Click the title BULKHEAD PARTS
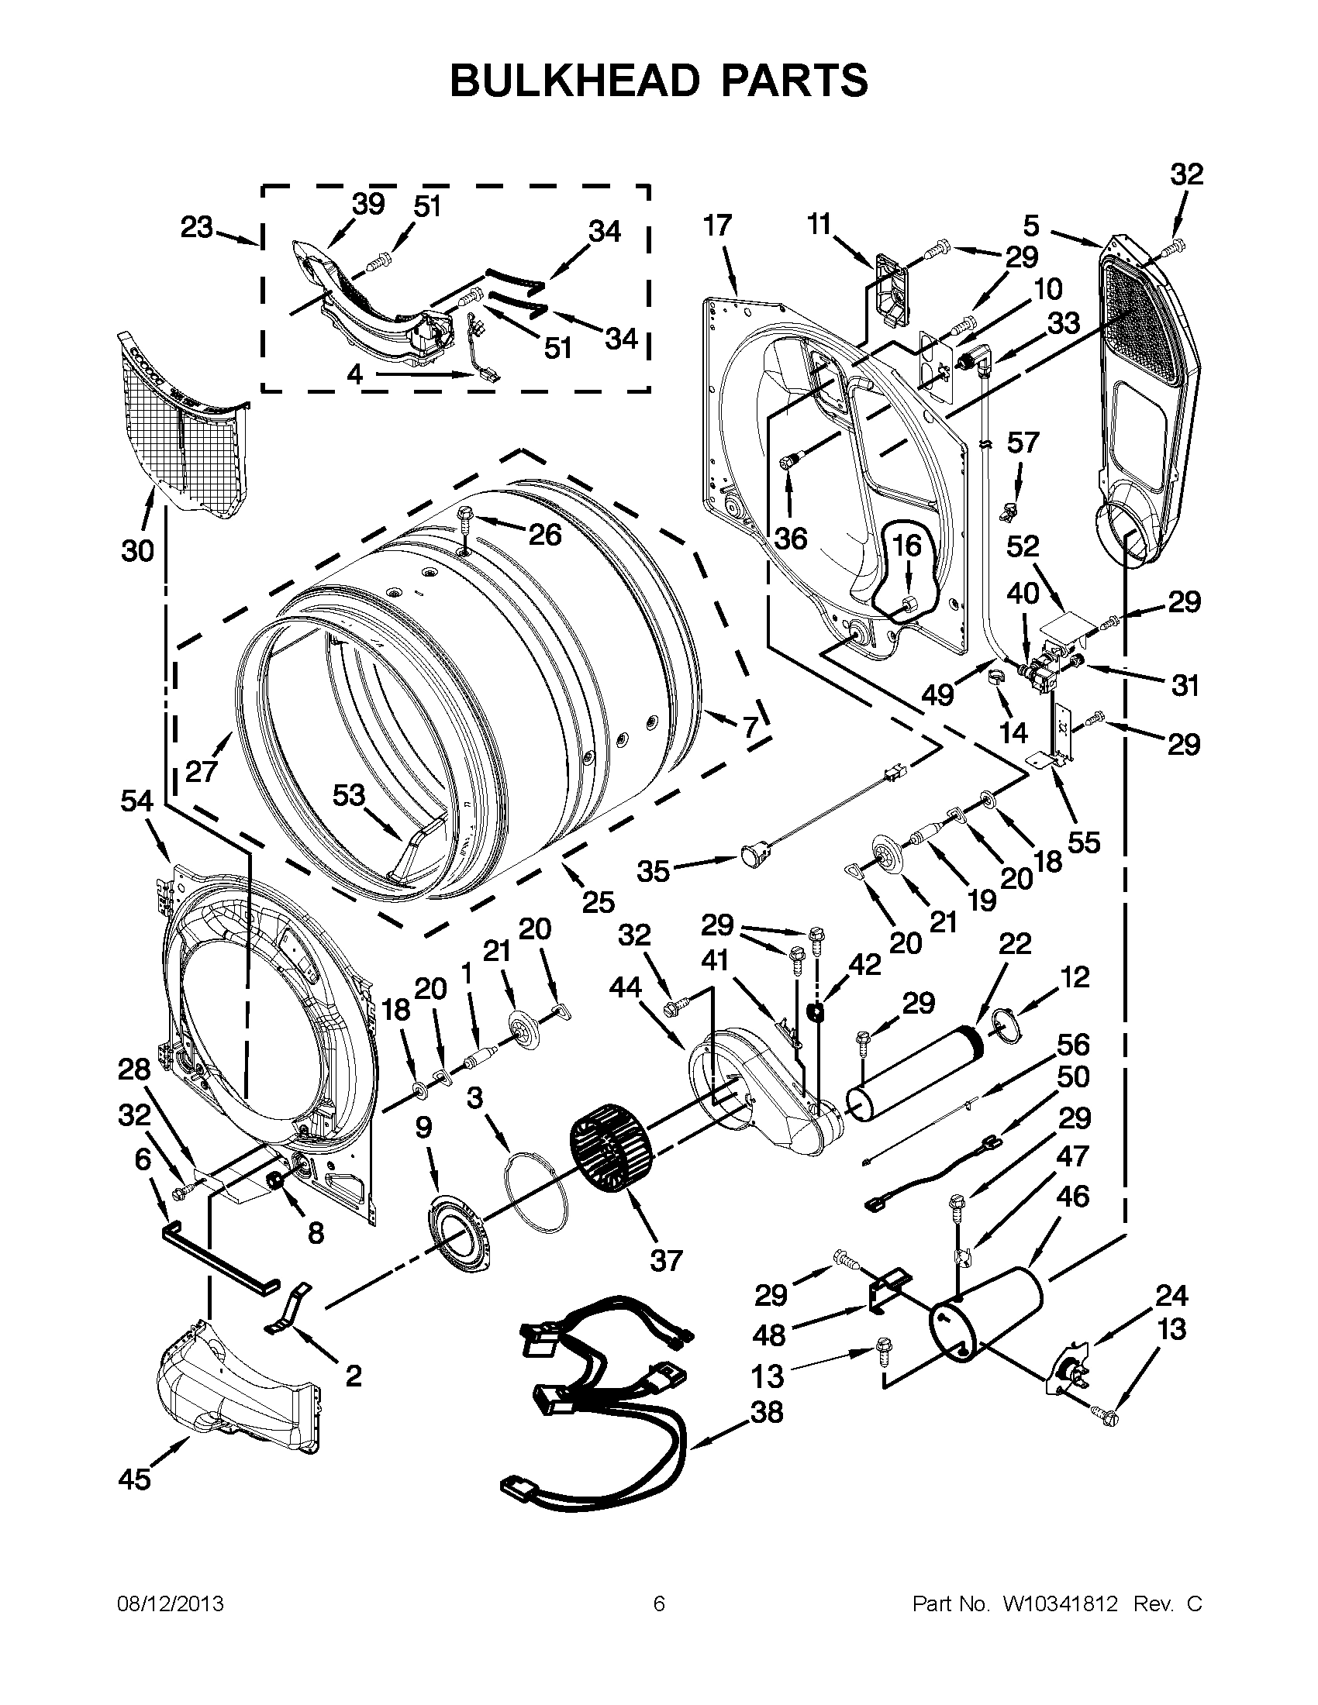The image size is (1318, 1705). pyautogui.click(x=658, y=81)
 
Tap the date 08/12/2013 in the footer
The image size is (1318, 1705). pyautogui.click(x=170, y=1603)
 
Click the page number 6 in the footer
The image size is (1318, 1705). pyautogui.click(x=658, y=1603)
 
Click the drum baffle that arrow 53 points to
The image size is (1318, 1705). pyautogui.click(x=422, y=851)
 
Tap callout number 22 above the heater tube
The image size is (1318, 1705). pyautogui.click(x=1014, y=943)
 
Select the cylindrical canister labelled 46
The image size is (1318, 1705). pyautogui.click(x=988, y=1314)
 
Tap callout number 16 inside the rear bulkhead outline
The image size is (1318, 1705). pyautogui.click(x=906, y=545)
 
